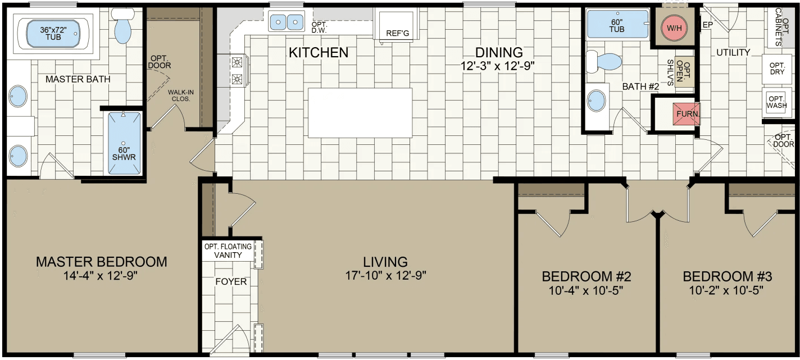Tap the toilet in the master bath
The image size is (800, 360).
[121, 26]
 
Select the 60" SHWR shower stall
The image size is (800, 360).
[123, 144]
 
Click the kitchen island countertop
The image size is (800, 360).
[360, 112]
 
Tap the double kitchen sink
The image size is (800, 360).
[286, 22]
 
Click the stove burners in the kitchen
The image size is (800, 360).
[238, 70]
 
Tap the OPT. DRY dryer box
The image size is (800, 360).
[776, 69]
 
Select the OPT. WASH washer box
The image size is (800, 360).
[776, 102]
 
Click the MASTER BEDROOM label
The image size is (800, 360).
[101, 262]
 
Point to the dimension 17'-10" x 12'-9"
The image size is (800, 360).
[386, 275]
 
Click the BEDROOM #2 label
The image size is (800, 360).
[587, 276]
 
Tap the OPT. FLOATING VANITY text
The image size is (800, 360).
[228, 250]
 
